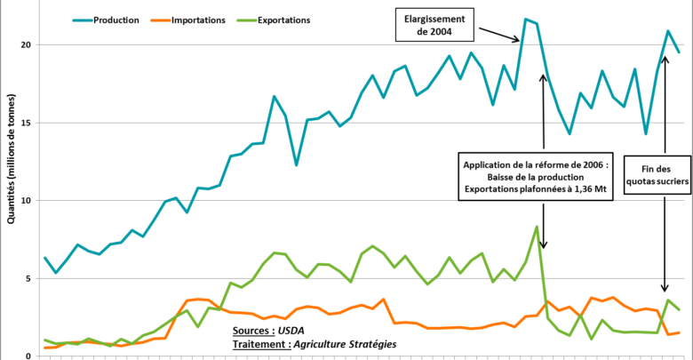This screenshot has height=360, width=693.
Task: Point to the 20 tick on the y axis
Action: coord(27,44)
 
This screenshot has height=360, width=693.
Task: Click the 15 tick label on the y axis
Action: coord(27,123)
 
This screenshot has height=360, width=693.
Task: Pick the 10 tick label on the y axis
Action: coord(27,201)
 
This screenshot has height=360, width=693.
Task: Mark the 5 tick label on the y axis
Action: coord(29,278)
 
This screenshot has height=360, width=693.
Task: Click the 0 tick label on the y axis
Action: coord(29,356)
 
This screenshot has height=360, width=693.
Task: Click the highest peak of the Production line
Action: coord(526,19)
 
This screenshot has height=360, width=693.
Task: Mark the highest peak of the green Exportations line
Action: coord(536,227)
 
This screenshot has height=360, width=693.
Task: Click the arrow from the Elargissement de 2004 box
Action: coord(498,34)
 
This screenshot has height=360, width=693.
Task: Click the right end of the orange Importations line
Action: coord(679,332)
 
